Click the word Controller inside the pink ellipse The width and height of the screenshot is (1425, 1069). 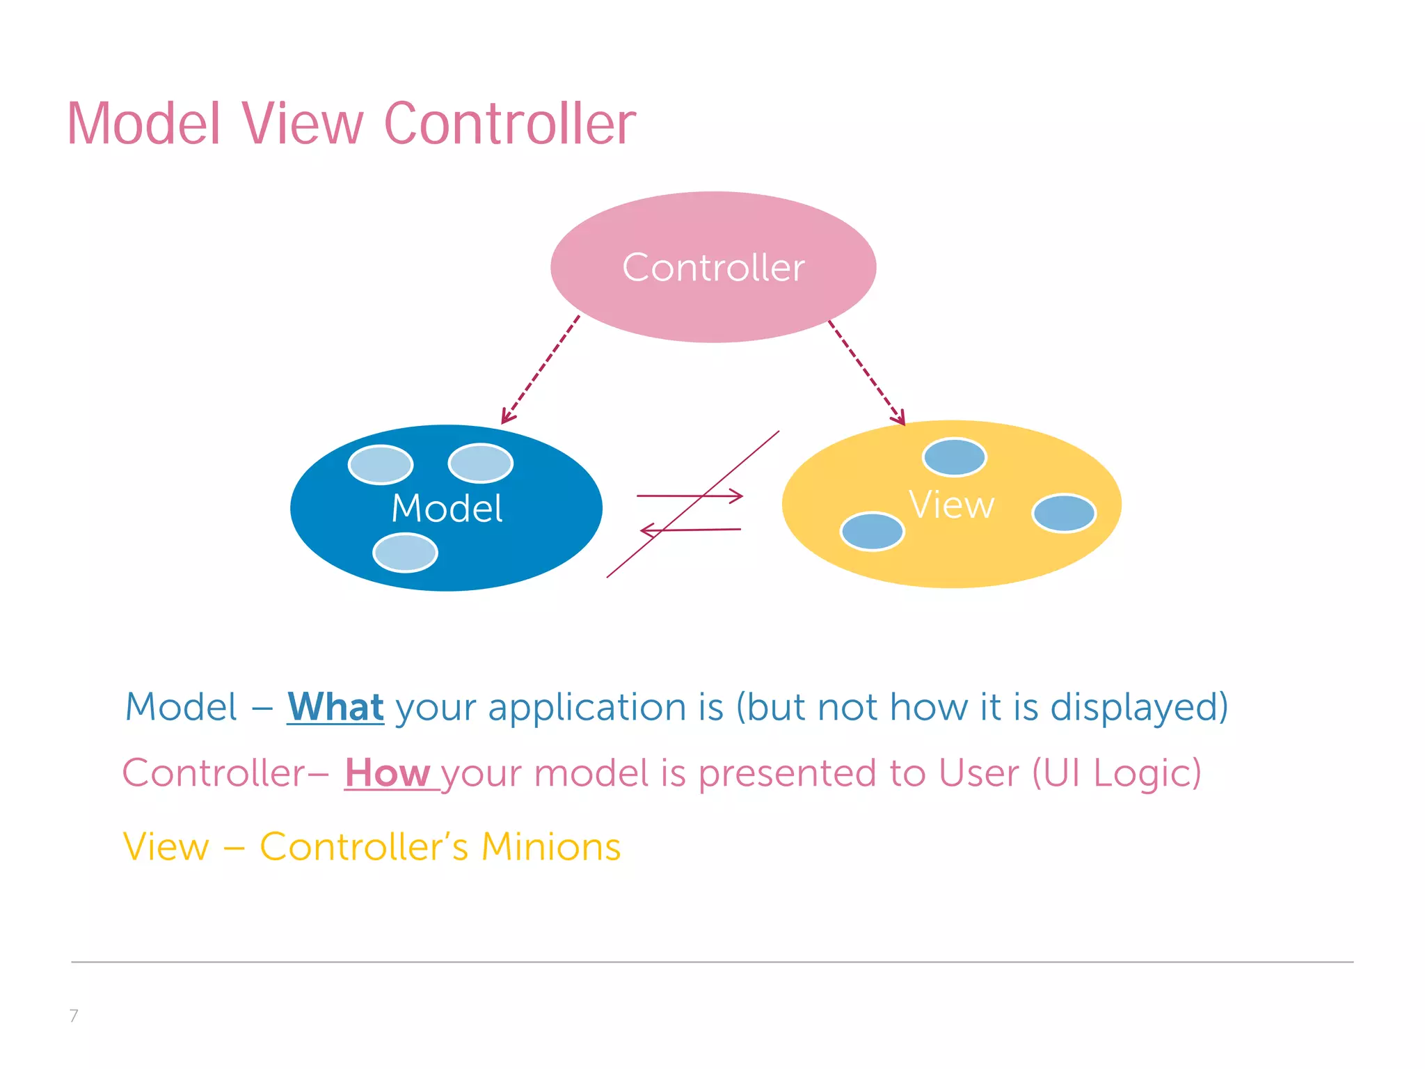(x=713, y=268)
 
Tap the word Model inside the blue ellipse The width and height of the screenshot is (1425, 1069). (x=447, y=508)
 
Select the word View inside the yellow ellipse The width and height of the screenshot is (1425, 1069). (x=951, y=505)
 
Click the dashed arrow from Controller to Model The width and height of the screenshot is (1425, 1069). (x=541, y=370)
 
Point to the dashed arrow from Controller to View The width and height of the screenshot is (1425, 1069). (x=866, y=372)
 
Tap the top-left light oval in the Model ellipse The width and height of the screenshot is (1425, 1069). (x=381, y=464)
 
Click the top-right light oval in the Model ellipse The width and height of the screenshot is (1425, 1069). (x=480, y=463)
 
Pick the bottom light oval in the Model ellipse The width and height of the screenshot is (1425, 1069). (x=405, y=553)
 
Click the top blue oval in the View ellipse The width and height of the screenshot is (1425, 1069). (x=954, y=457)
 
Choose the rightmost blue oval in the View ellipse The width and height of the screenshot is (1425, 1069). (x=1064, y=513)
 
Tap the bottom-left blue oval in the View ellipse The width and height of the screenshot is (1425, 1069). (x=872, y=531)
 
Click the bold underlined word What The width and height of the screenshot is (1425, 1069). (x=335, y=707)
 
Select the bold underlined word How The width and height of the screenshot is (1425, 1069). (x=388, y=773)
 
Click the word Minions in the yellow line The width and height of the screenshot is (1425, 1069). (x=550, y=847)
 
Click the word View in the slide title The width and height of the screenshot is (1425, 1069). (x=303, y=124)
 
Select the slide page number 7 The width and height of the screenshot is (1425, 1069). (x=74, y=1015)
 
